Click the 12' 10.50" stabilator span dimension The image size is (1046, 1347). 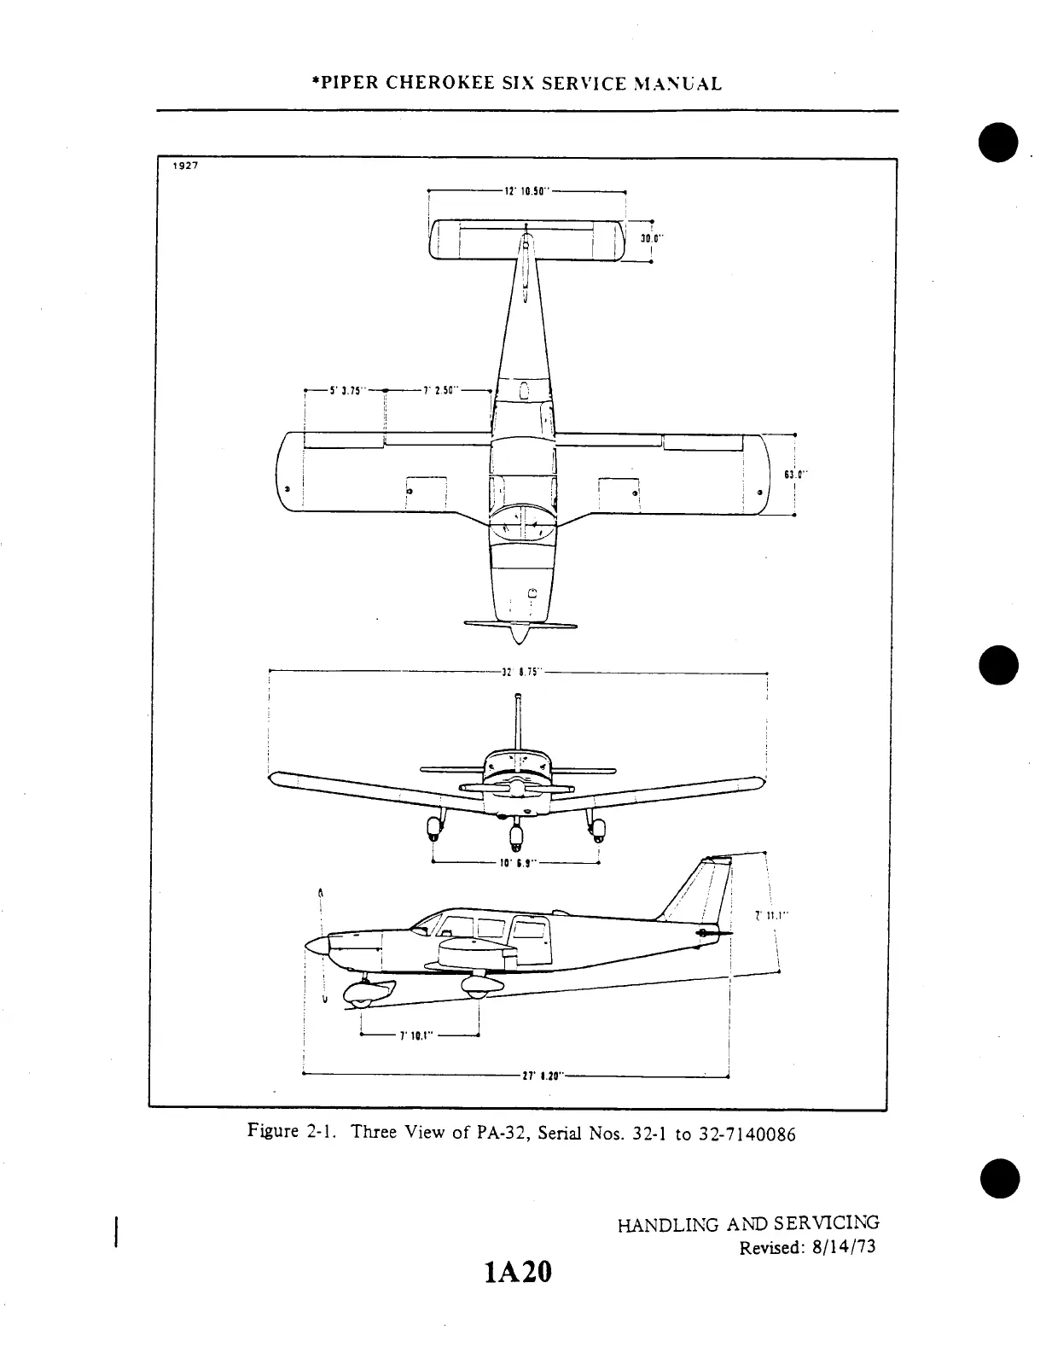point(526,192)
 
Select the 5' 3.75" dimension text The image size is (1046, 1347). point(346,391)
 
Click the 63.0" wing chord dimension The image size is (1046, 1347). point(794,475)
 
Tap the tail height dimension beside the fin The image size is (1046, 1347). point(771,916)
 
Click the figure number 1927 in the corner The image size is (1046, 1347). point(186,166)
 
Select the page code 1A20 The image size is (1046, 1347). point(518,1273)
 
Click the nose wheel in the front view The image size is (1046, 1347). point(515,831)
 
